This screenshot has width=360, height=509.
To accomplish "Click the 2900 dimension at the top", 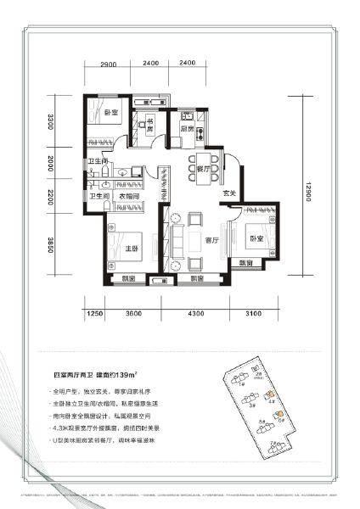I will point(108,65).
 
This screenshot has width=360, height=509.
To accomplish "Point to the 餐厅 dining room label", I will point(202,169).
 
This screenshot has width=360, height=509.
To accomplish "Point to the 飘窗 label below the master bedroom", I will point(127,278).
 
